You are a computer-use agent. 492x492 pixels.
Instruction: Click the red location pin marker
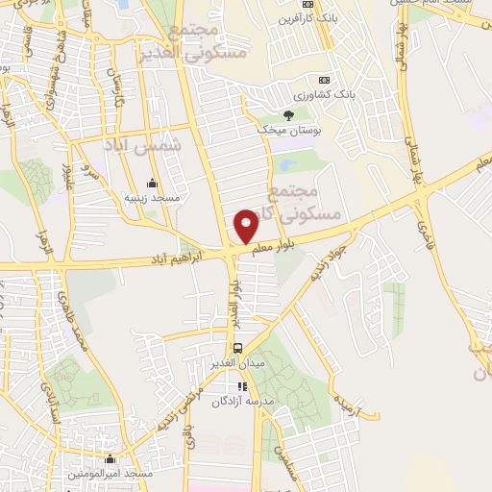[246, 226]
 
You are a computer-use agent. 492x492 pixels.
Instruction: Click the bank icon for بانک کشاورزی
[325, 79]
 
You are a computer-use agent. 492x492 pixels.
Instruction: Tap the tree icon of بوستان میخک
[288, 115]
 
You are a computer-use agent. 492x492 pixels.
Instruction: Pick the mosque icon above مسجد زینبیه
[151, 184]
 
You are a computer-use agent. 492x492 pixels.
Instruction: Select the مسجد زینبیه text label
[152, 197]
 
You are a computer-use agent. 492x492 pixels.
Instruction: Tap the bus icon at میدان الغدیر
[235, 348]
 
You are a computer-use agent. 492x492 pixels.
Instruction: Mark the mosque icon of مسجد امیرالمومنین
[111, 460]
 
